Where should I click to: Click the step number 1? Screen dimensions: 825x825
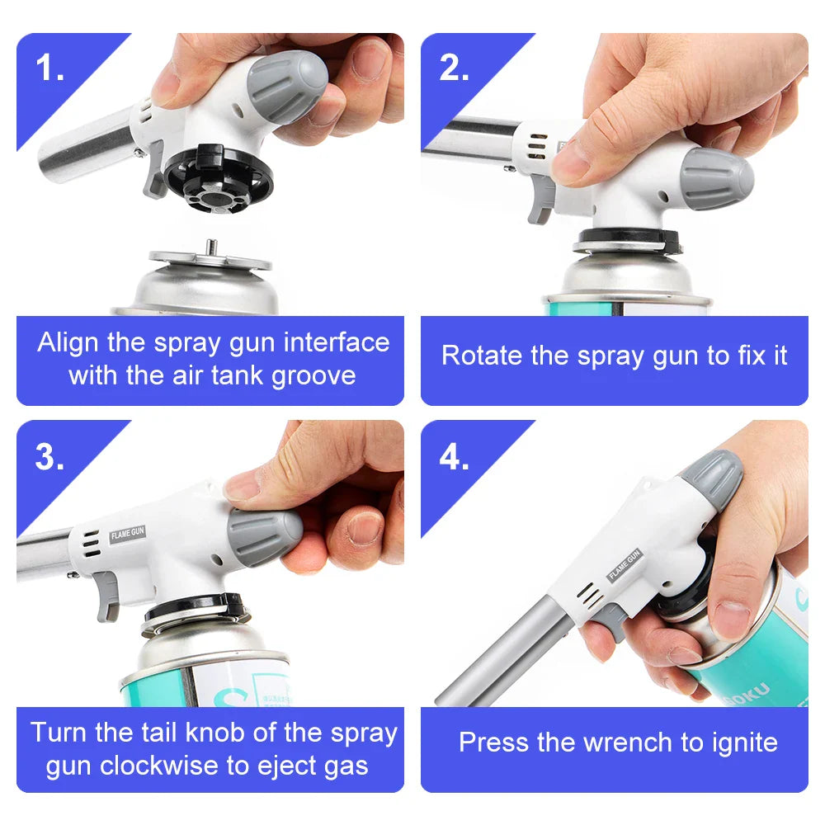point(49,69)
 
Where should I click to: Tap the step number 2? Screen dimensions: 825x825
point(453,69)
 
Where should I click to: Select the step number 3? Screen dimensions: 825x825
point(49,457)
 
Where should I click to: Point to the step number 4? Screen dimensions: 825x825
point(453,457)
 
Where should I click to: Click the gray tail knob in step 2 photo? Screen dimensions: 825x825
point(716,179)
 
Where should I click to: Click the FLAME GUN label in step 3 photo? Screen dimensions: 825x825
point(127,535)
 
